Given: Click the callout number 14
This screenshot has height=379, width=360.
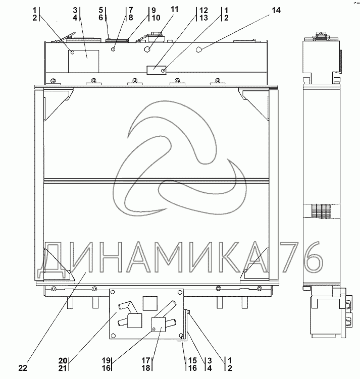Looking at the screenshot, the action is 276,11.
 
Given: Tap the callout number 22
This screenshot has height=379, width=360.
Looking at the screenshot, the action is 23,368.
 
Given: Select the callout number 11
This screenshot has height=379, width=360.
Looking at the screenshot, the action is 175,10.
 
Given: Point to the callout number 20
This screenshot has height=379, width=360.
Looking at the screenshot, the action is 63,361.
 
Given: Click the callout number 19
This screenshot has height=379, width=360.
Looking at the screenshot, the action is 106,361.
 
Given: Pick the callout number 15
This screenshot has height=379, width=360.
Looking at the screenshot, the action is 192,361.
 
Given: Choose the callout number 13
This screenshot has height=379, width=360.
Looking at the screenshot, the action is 203,18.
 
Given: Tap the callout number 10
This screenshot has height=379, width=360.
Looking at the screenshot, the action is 156,18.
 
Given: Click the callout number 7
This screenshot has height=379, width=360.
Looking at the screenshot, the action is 131,10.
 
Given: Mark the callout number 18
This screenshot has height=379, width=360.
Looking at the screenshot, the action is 146,368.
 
